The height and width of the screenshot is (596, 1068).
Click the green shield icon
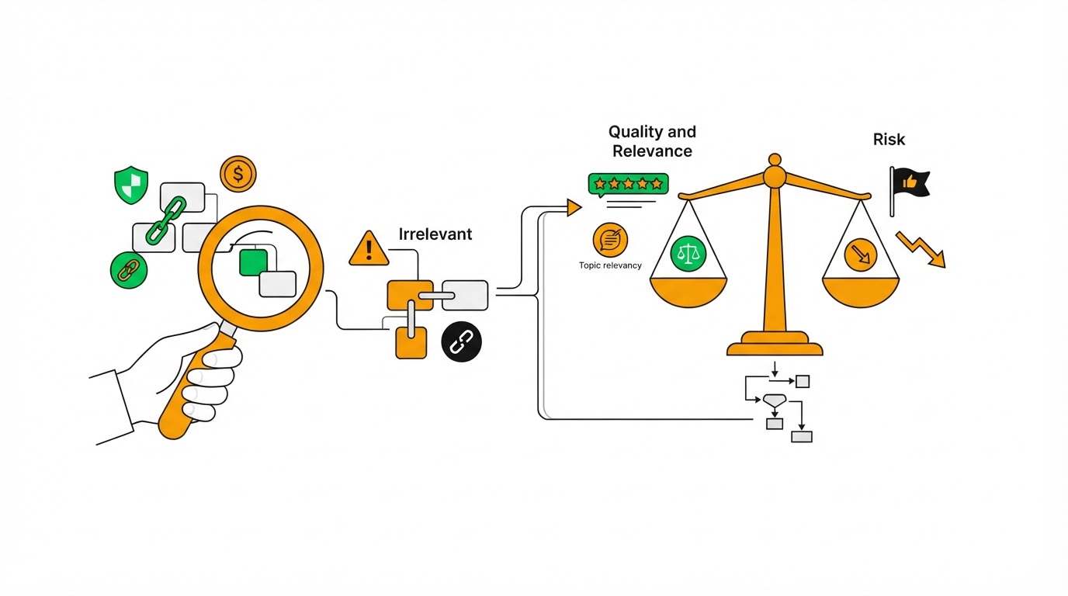coord(131,185)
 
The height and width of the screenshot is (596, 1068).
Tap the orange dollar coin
coord(238,174)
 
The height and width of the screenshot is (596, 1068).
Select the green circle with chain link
coord(129,270)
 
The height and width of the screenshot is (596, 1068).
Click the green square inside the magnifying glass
coord(253,262)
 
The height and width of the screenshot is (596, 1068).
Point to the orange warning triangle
coord(369,249)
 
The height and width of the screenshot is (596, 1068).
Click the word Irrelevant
coord(435,234)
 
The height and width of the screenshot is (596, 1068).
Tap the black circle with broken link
coord(462,342)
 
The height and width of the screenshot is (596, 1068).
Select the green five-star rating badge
coord(629,185)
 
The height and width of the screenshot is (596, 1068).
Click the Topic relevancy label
coord(610,265)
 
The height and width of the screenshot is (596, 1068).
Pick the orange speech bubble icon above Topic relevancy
coord(610,240)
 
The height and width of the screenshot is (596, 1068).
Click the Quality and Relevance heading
coord(652,141)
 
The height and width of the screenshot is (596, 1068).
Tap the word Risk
coord(889,139)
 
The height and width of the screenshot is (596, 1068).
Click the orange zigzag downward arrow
coord(921,249)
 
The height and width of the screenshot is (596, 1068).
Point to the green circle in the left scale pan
coord(688,254)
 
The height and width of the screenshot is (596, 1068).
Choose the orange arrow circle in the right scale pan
coord(861,255)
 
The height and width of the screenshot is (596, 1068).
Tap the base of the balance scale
coord(775,345)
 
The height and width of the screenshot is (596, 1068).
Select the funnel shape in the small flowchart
coord(775,400)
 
